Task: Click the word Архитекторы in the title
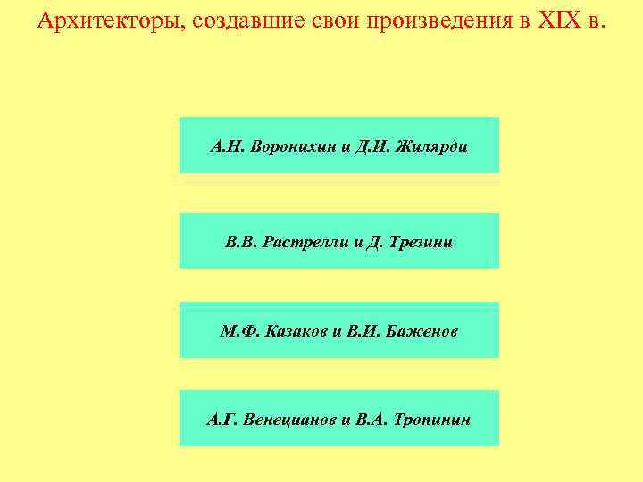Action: click(x=106, y=21)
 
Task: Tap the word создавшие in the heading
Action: click(x=231, y=21)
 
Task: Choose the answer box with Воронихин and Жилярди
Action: click(x=339, y=145)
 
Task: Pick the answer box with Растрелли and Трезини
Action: click(x=339, y=241)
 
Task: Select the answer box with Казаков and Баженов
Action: click(x=339, y=330)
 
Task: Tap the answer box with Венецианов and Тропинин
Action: click(x=339, y=418)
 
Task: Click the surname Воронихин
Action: click(x=293, y=145)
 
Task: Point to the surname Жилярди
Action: click(x=435, y=145)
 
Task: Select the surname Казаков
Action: click(x=296, y=331)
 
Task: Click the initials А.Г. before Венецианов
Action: click(x=221, y=419)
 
